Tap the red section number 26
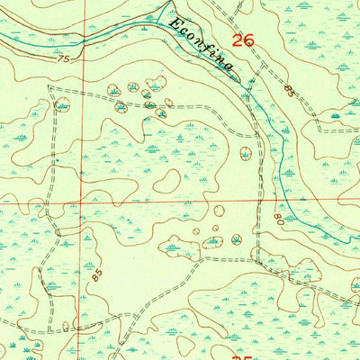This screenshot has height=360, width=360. click(x=242, y=40)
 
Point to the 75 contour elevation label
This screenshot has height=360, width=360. click(x=62, y=61)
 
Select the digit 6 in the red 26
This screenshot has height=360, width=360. click(x=247, y=40)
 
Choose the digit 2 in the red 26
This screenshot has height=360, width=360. click(x=237, y=40)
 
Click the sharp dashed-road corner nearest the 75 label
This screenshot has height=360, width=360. click(x=49, y=87)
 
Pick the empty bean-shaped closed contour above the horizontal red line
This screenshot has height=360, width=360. click(x=166, y=180)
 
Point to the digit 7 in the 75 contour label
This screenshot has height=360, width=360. click(x=58, y=61)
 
